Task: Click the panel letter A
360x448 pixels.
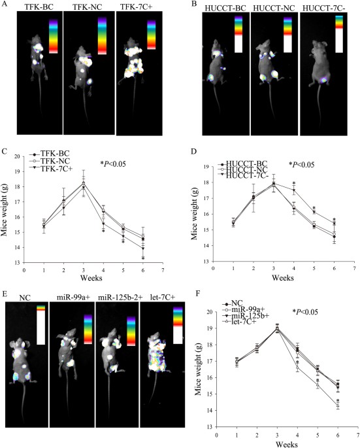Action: pos(5,5)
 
